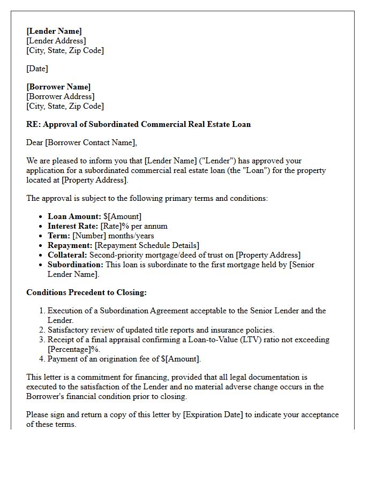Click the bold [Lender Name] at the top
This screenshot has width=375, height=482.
pyautogui.click(x=54, y=31)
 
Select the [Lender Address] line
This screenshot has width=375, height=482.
pyautogui.click(x=56, y=41)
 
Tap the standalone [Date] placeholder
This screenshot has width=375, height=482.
pyautogui.click(x=37, y=69)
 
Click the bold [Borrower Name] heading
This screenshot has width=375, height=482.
pyautogui.click(x=58, y=87)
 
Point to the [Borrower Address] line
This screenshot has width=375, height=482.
pyautogui.click(x=61, y=96)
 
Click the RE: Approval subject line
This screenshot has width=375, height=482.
pyautogui.click(x=138, y=124)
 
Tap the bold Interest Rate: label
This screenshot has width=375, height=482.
pyautogui.click(x=73, y=226)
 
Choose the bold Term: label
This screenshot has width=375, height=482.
pyautogui.click(x=59, y=236)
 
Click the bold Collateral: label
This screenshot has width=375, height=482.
pyautogui.click(x=67, y=255)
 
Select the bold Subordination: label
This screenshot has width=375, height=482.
pyautogui.click(x=76, y=265)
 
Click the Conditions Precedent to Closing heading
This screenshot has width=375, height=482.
pyautogui.click(x=86, y=292)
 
